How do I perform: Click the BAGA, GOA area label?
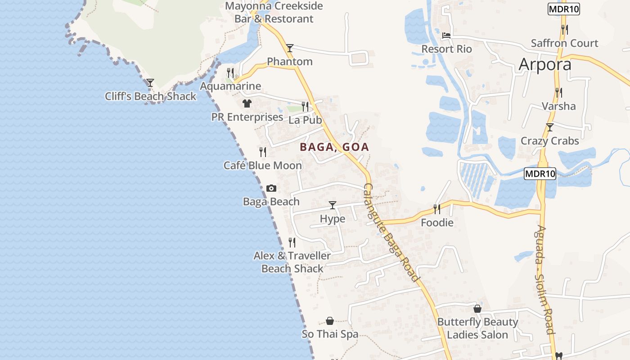pos(334,147)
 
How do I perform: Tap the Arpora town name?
pos(545,64)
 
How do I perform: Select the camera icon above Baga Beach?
pos(271,188)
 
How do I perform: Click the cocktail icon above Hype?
pos(333,205)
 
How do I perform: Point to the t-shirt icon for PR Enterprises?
pos(247,103)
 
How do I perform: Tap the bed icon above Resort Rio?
pos(446,35)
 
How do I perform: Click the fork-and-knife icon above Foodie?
pos(437,209)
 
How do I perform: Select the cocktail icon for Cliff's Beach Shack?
pos(150,83)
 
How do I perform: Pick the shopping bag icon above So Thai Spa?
pos(330,321)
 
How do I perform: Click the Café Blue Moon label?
pos(263,166)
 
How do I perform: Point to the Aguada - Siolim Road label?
pos(545,279)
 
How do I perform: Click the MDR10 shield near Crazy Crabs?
pos(540,173)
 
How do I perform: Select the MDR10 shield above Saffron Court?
pos(563,9)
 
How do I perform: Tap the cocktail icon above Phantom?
pos(290,48)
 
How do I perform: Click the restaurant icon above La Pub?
pos(305,107)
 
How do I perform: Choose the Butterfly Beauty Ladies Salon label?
pos(477,328)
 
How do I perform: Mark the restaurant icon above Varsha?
pos(558,93)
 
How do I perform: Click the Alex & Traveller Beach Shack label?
pos(292,262)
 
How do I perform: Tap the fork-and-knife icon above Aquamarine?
pos(230,72)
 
